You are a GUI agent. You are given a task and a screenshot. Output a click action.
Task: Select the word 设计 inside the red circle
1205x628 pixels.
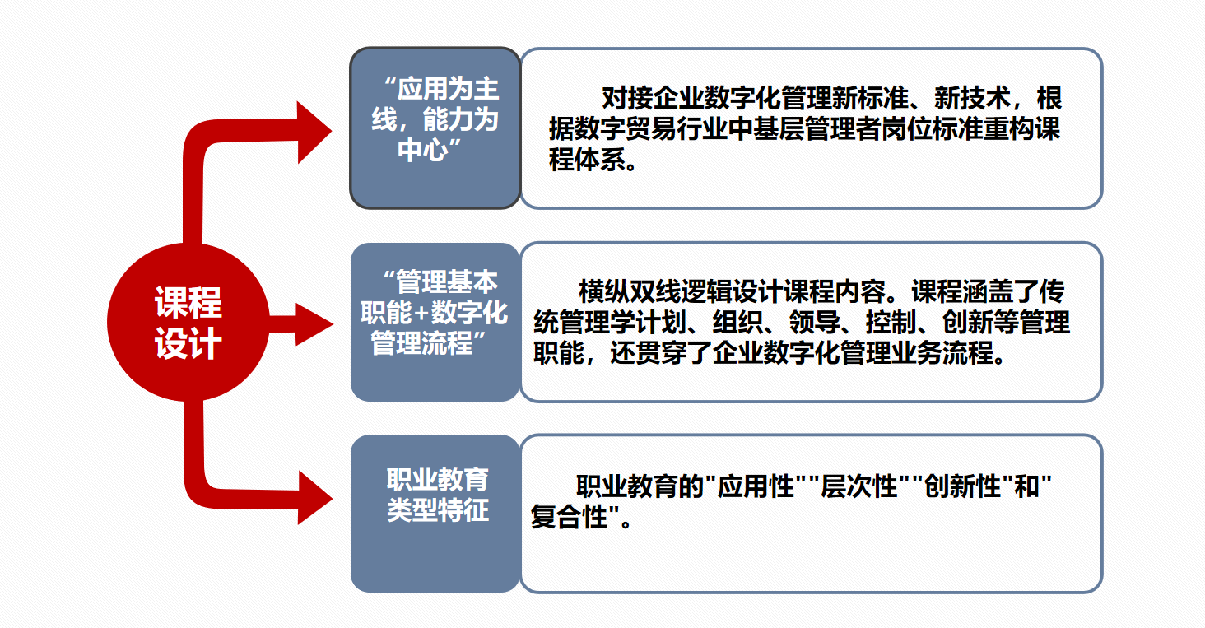tap(188, 344)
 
